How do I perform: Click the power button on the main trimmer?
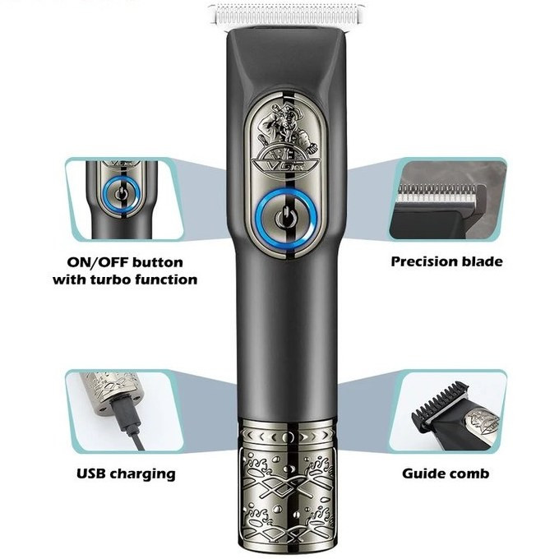[x=287, y=218]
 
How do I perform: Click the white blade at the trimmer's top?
[x=287, y=14]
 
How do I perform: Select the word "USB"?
[x=91, y=474]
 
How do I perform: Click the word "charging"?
[x=142, y=474]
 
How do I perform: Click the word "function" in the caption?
[x=166, y=279]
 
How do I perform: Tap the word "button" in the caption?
[x=158, y=263]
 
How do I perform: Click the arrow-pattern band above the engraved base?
[x=288, y=436]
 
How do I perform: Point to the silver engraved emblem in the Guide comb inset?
[x=482, y=422]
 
